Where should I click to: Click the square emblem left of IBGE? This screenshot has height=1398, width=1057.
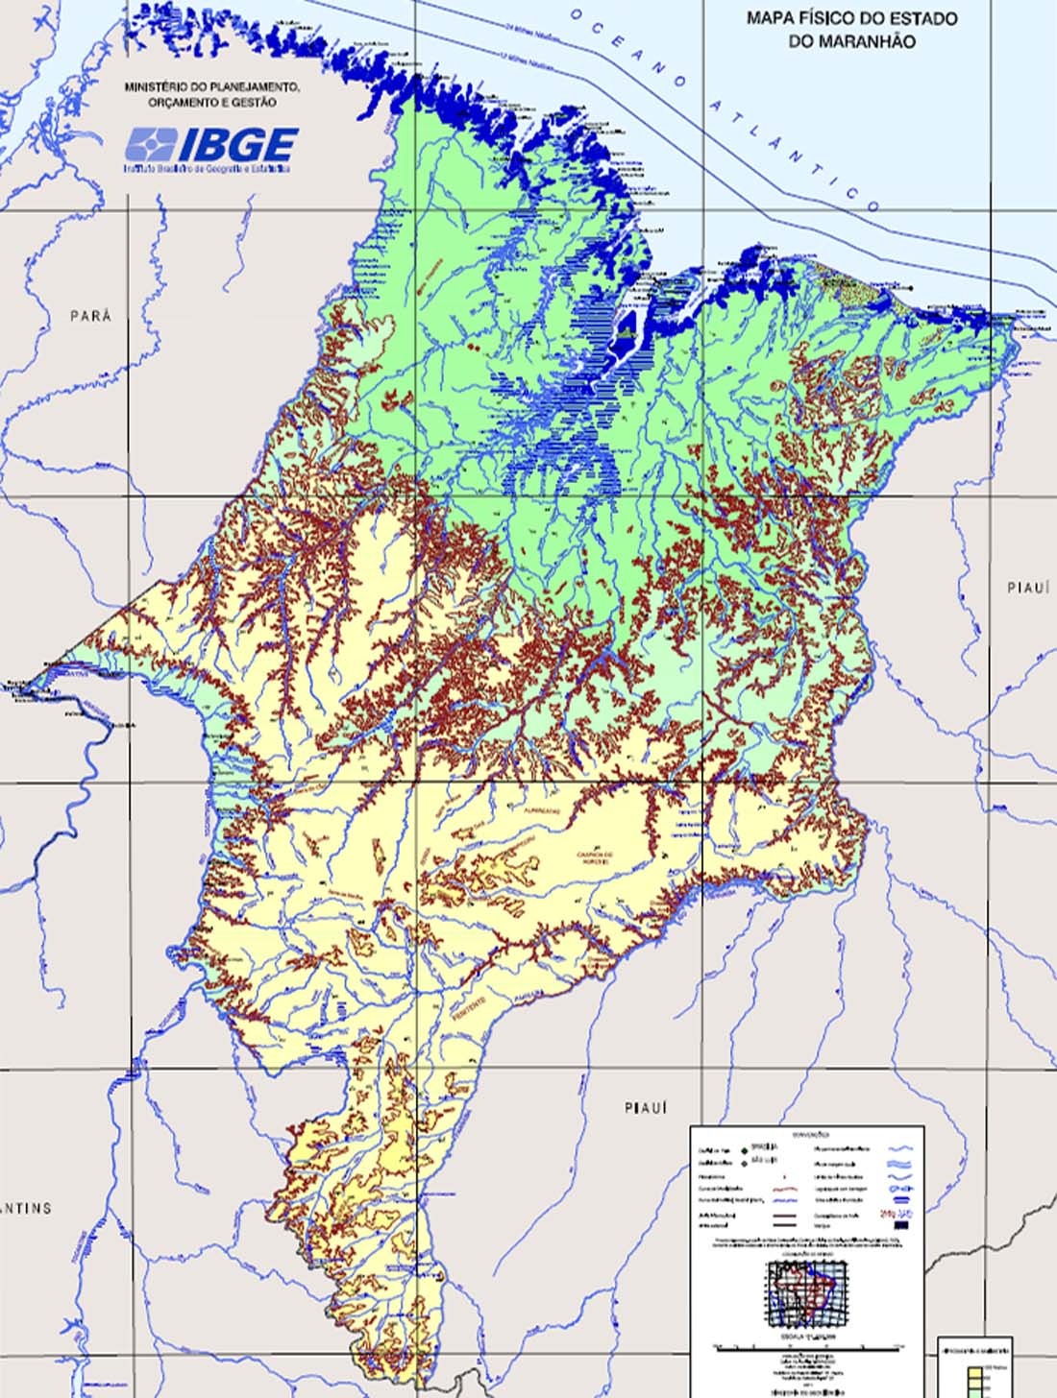click(150, 146)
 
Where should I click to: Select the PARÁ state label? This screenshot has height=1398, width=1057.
click(91, 316)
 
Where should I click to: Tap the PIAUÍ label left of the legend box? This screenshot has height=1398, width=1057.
click(645, 1108)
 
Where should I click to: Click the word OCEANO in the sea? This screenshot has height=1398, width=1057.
click(629, 47)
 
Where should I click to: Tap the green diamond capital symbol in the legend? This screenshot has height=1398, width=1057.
click(743, 1146)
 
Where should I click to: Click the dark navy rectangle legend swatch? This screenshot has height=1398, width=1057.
click(900, 1224)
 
